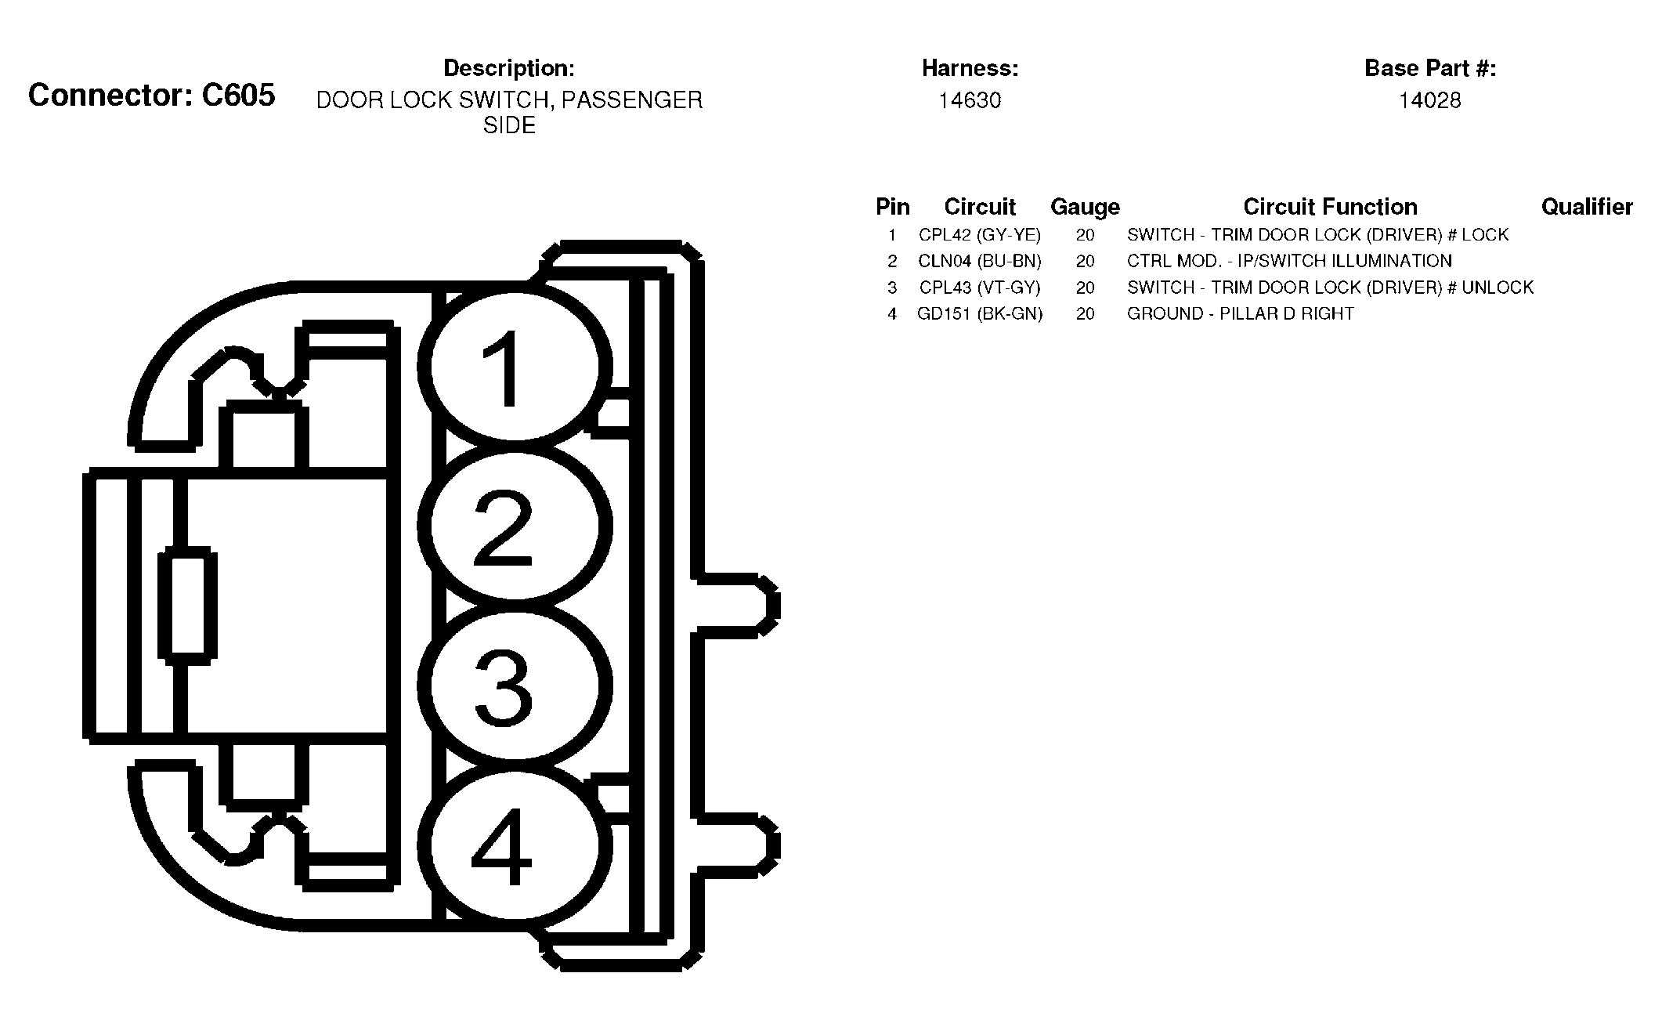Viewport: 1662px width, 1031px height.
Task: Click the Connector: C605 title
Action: point(152,96)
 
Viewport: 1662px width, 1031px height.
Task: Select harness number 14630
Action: point(970,100)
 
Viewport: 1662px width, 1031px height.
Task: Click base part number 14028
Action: point(1430,100)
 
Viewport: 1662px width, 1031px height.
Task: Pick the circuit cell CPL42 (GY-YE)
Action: point(980,235)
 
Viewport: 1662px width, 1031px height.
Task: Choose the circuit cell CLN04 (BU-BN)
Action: point(980,261)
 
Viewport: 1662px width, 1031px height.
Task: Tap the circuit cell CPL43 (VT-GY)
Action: point(980,288)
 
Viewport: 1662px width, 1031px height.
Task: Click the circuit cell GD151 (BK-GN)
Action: point(980,313)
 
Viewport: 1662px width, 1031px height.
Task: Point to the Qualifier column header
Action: point(1587,207)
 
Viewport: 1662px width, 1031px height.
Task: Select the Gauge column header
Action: point(1085,207)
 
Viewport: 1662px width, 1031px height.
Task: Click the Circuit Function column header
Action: point(1330,207)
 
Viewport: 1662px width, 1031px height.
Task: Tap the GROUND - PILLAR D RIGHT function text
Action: point(1241,313)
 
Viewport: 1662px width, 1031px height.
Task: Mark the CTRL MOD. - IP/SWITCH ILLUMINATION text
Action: point(1289,261)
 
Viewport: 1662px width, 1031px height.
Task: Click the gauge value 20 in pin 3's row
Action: point(1085,288)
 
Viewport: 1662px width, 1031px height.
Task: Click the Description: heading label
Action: point(509,68)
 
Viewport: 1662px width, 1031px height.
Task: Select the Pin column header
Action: point(893,207)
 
